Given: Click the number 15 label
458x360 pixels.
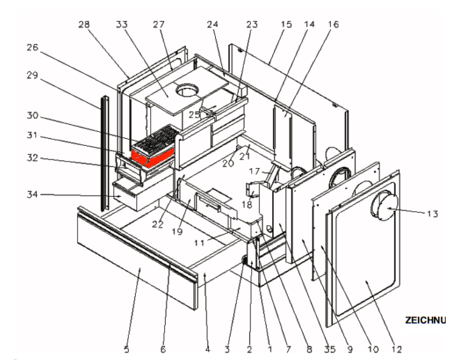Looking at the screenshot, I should coord(271,25).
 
